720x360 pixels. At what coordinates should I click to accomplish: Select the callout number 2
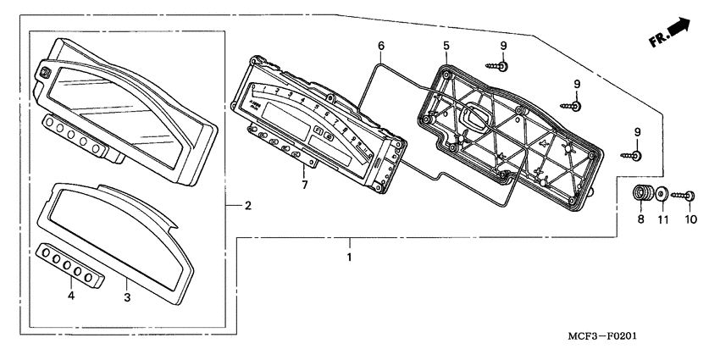coord(247,206)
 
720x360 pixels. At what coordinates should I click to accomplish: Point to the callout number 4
coord(71,296)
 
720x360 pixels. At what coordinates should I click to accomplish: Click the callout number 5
coord(446,45)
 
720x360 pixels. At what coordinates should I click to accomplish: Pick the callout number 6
coord(381,45)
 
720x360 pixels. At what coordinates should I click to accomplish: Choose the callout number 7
coord(304,184)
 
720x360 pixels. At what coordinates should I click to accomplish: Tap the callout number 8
coord(641,219)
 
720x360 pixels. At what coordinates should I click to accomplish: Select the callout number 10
coord(690,219)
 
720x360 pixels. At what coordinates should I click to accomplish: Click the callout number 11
coord(664,219)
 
